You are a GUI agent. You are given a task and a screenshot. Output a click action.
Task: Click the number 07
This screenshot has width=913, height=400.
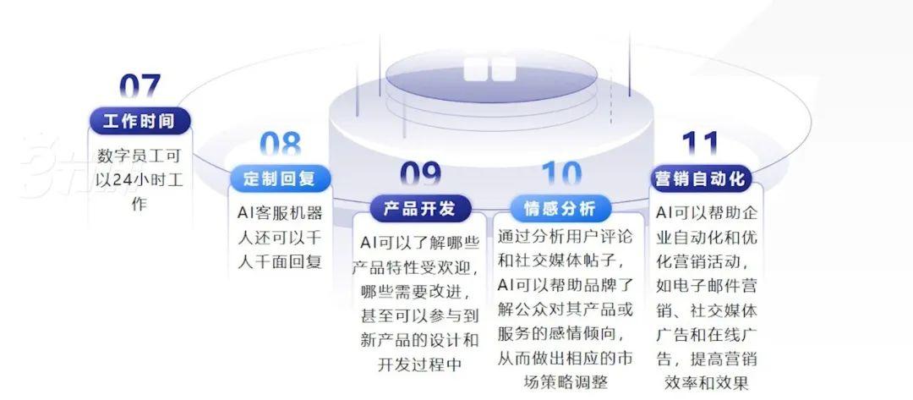tap(139, 88)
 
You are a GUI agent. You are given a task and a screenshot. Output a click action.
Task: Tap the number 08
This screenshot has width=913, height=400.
tap(280, 145)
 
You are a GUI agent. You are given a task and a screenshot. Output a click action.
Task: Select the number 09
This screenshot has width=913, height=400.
tap(420, 175)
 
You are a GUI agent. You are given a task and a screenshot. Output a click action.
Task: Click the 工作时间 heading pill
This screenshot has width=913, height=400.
tap(139, 121)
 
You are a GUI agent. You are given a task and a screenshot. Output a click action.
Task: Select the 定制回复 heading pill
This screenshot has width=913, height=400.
tap(280, 179)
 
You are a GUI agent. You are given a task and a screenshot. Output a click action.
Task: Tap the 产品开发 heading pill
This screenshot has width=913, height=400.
tap(420, 208)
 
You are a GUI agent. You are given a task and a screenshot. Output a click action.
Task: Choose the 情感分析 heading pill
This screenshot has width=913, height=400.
tap(560, 208)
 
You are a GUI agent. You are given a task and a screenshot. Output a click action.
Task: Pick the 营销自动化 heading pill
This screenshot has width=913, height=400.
tap(700, 179)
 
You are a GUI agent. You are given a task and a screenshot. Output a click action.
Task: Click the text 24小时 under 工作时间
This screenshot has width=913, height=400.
tap(134, 180)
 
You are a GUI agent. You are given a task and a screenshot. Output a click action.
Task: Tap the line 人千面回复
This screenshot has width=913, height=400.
tap(280, 261)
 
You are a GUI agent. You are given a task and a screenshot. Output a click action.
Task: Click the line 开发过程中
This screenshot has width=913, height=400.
tap(420, 364)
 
